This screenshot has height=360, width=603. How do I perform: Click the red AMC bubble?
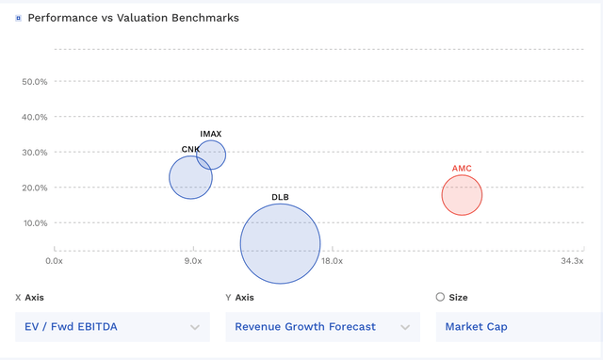coord(462,195)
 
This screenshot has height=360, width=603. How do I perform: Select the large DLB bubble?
coord(280,243)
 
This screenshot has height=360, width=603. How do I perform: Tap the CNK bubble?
coord(190,177)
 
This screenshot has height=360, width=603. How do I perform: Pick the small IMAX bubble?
coord(211,154)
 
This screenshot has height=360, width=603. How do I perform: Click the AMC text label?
coord(462,169)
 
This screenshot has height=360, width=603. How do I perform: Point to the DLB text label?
coord(280,197)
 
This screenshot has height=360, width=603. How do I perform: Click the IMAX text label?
coord(211,134)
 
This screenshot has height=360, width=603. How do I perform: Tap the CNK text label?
coord(190,150)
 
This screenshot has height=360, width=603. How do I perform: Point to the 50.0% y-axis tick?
coord(34,82)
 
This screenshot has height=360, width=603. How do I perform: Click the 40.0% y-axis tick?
coord(34,117)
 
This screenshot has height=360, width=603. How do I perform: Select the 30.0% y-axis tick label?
coord(34,153)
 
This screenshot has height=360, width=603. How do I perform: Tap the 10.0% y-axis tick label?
coord(34,223)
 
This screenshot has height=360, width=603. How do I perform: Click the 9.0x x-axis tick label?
coord(193,261)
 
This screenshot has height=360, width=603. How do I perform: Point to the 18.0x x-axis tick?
coord(332,261)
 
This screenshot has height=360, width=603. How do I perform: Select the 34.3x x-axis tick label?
coord(572,261)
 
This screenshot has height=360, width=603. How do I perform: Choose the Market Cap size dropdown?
coord(518,327)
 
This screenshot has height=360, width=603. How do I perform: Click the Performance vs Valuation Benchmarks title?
coord(133,18)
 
